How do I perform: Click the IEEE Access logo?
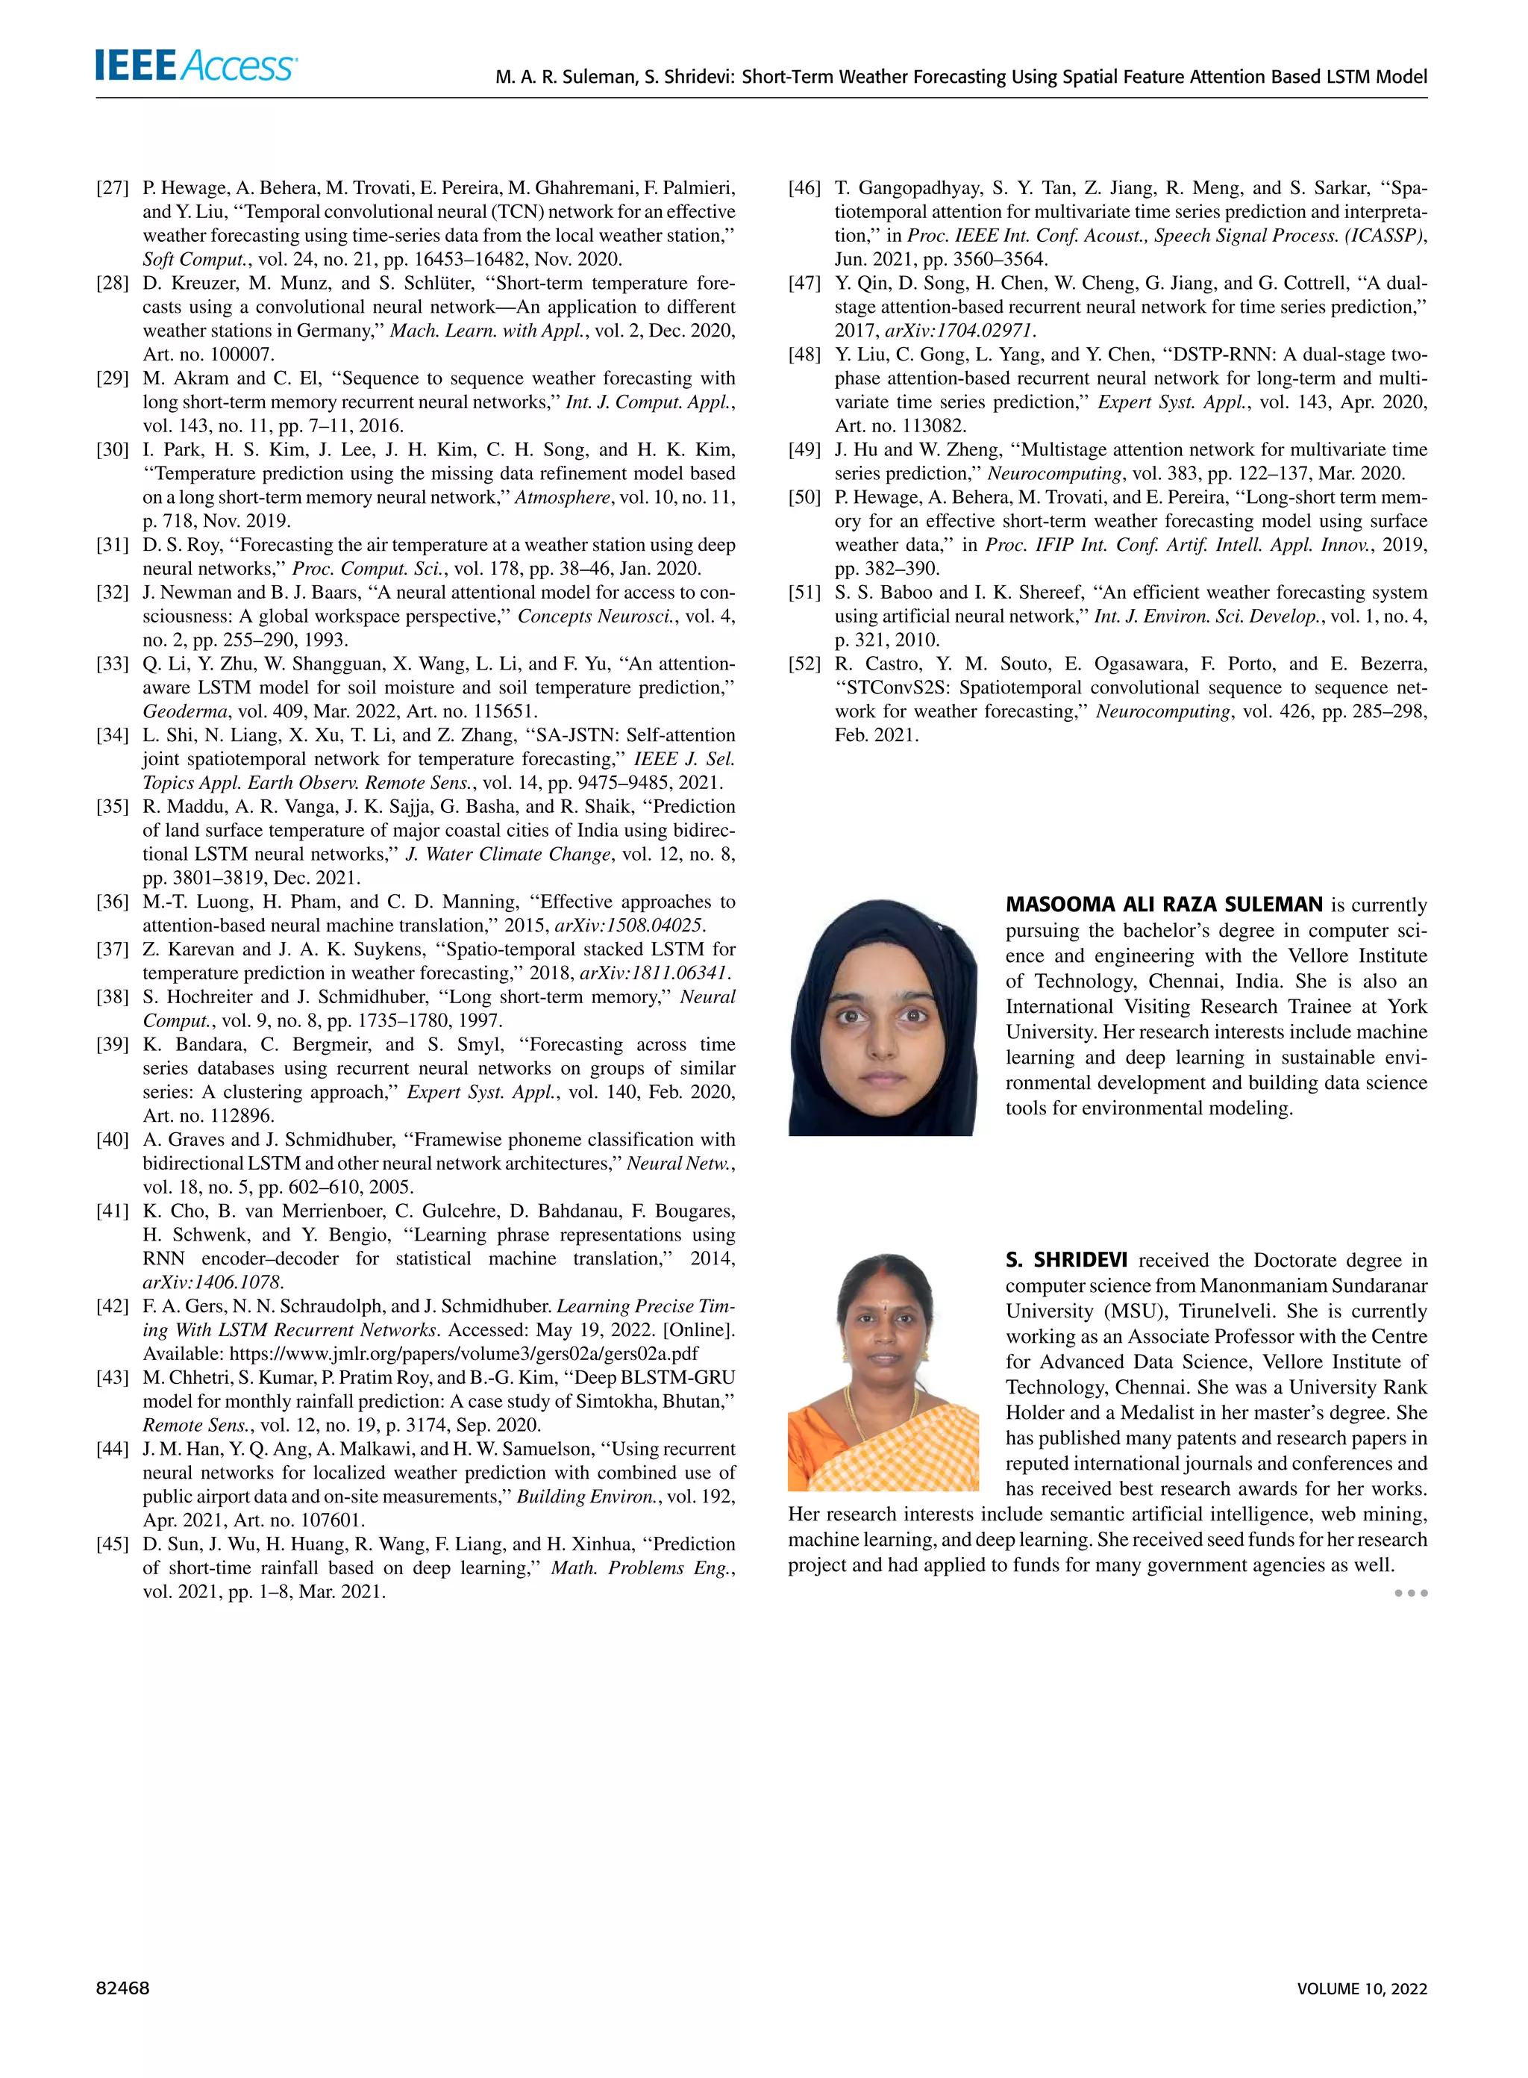click(195, 66)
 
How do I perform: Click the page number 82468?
click(122, 1988)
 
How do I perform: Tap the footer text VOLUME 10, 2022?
click(1362, 1989)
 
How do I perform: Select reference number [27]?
click(112, 189)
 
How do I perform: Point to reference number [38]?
click(112, 997)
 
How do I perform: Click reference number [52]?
click(804, 664)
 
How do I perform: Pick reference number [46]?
click(804, 189)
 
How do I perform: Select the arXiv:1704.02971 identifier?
click(960, 331)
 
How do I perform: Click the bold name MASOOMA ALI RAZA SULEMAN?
click(1164, 905)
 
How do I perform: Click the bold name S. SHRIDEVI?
click(1065, 1260)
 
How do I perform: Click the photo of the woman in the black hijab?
click(881, 1017)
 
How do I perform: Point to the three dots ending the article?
click(1411, 1593)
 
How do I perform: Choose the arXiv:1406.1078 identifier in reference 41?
click(212, 1282)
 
